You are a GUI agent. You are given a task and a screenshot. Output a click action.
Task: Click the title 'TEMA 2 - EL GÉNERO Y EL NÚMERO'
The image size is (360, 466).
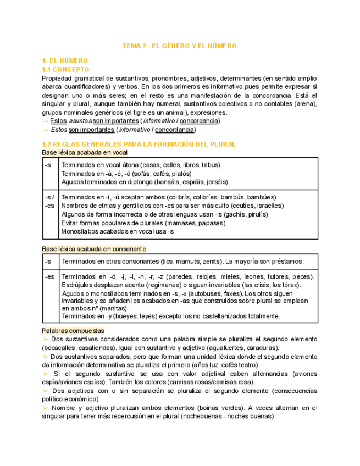179,46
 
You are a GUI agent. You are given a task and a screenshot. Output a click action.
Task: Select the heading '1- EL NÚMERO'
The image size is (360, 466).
65,60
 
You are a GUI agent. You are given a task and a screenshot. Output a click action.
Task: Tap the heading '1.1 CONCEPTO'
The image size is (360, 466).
65,70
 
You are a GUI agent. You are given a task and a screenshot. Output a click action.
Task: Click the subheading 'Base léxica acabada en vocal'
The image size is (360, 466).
85,152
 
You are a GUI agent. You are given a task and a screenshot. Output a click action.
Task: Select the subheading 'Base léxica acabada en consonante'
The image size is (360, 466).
94,249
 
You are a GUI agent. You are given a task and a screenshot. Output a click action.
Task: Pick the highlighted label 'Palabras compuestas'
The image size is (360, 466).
73,331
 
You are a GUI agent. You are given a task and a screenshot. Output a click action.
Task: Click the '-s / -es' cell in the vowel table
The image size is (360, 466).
49,201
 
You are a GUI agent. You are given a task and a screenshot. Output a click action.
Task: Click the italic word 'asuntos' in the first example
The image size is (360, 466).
80,121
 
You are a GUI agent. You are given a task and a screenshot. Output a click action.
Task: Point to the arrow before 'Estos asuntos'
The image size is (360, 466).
45,121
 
